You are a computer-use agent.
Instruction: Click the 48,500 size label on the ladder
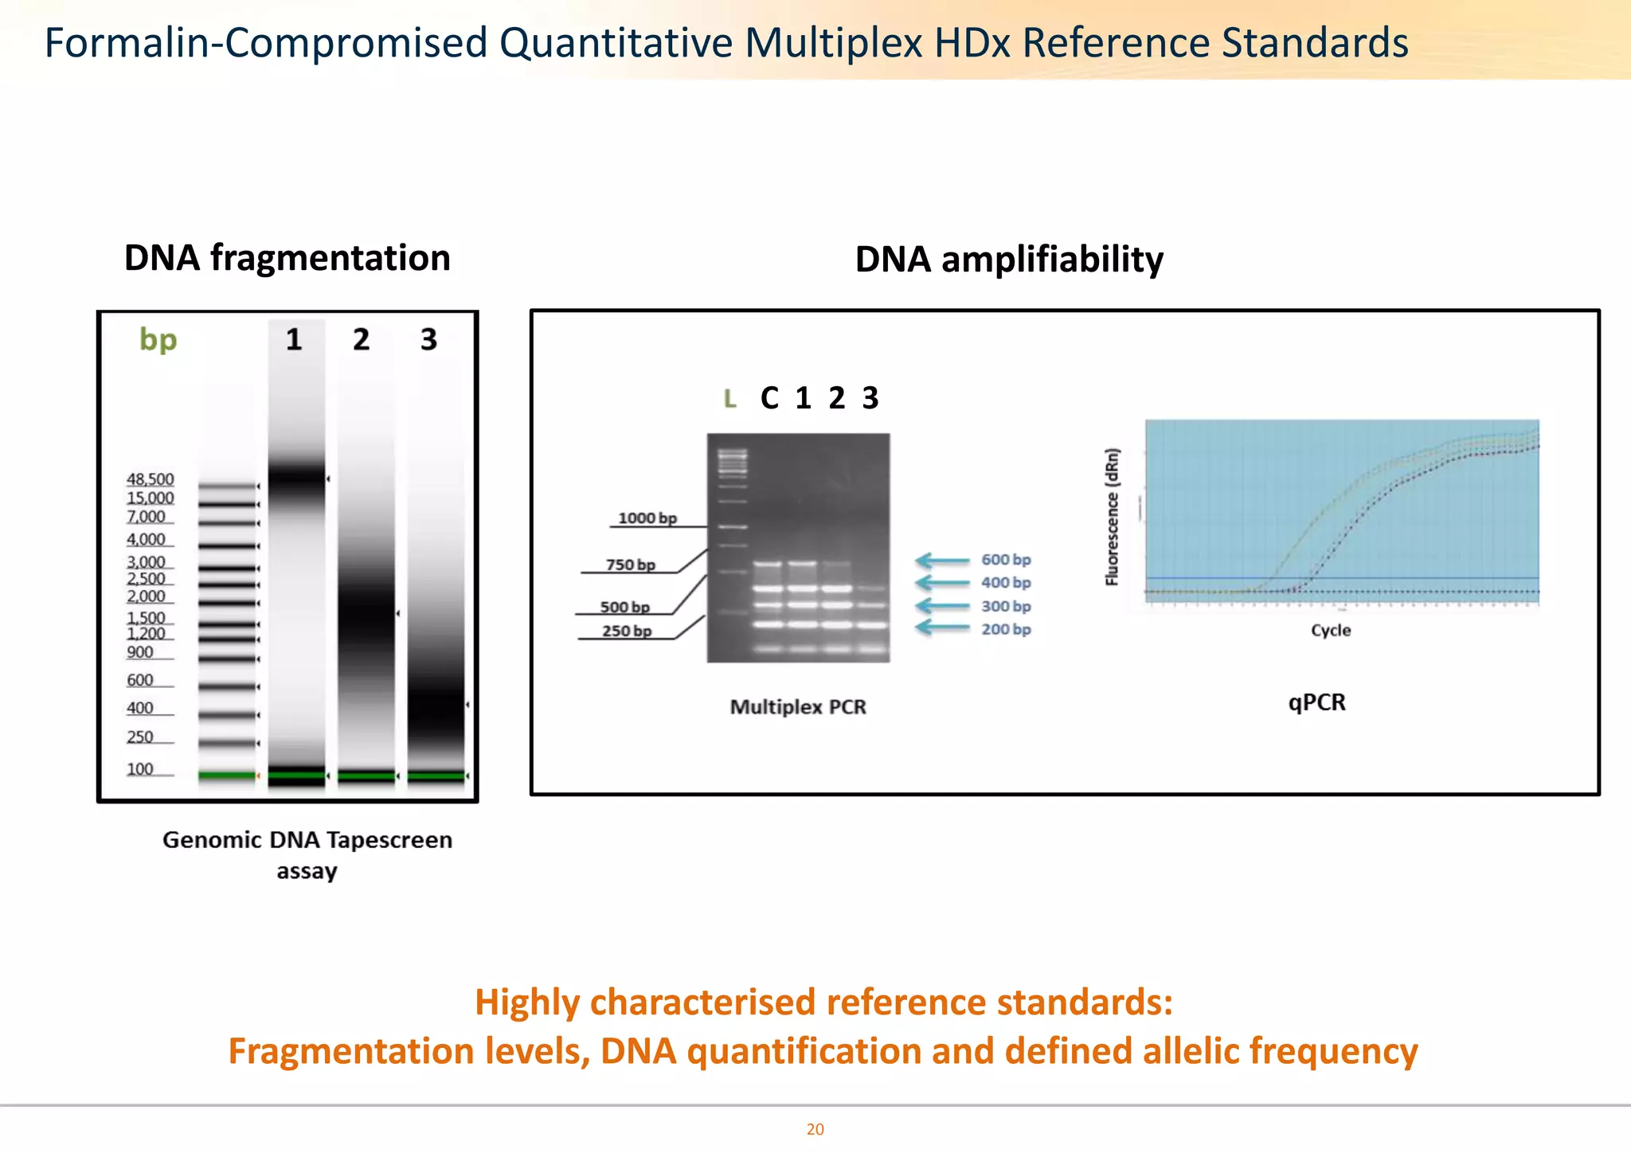[x=150, y=479]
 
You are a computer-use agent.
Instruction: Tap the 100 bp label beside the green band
[x=140, y=769]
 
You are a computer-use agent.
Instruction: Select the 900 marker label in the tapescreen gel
[x=140, y=652]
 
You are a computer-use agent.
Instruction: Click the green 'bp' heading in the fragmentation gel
[x=158, y=339]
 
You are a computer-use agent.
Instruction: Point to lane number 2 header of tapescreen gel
[x=362, y=339]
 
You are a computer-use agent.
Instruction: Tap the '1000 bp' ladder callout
[x=647, y=518]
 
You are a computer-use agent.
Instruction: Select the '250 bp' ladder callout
[x=627, y=631]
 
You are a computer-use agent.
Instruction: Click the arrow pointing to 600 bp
[x=942, y=561]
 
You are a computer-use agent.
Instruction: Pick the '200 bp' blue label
[x=1006, y=629]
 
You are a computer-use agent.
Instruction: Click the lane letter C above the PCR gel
[x=769, y=398]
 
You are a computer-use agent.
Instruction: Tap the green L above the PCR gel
[x=729, y=399]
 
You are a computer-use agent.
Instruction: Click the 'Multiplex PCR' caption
[x=798, y=707]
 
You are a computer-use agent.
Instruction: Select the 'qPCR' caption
[x=1316, y=702]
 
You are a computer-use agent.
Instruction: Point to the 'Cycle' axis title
[x=1331, y=631]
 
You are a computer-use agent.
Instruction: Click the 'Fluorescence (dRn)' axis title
[x=1113, y=518]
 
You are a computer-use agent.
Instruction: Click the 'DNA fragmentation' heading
[x=287, y=258]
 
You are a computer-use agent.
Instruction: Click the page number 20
[x=815, y=1129]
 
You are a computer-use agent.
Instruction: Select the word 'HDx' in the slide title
[x=972, y=43]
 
